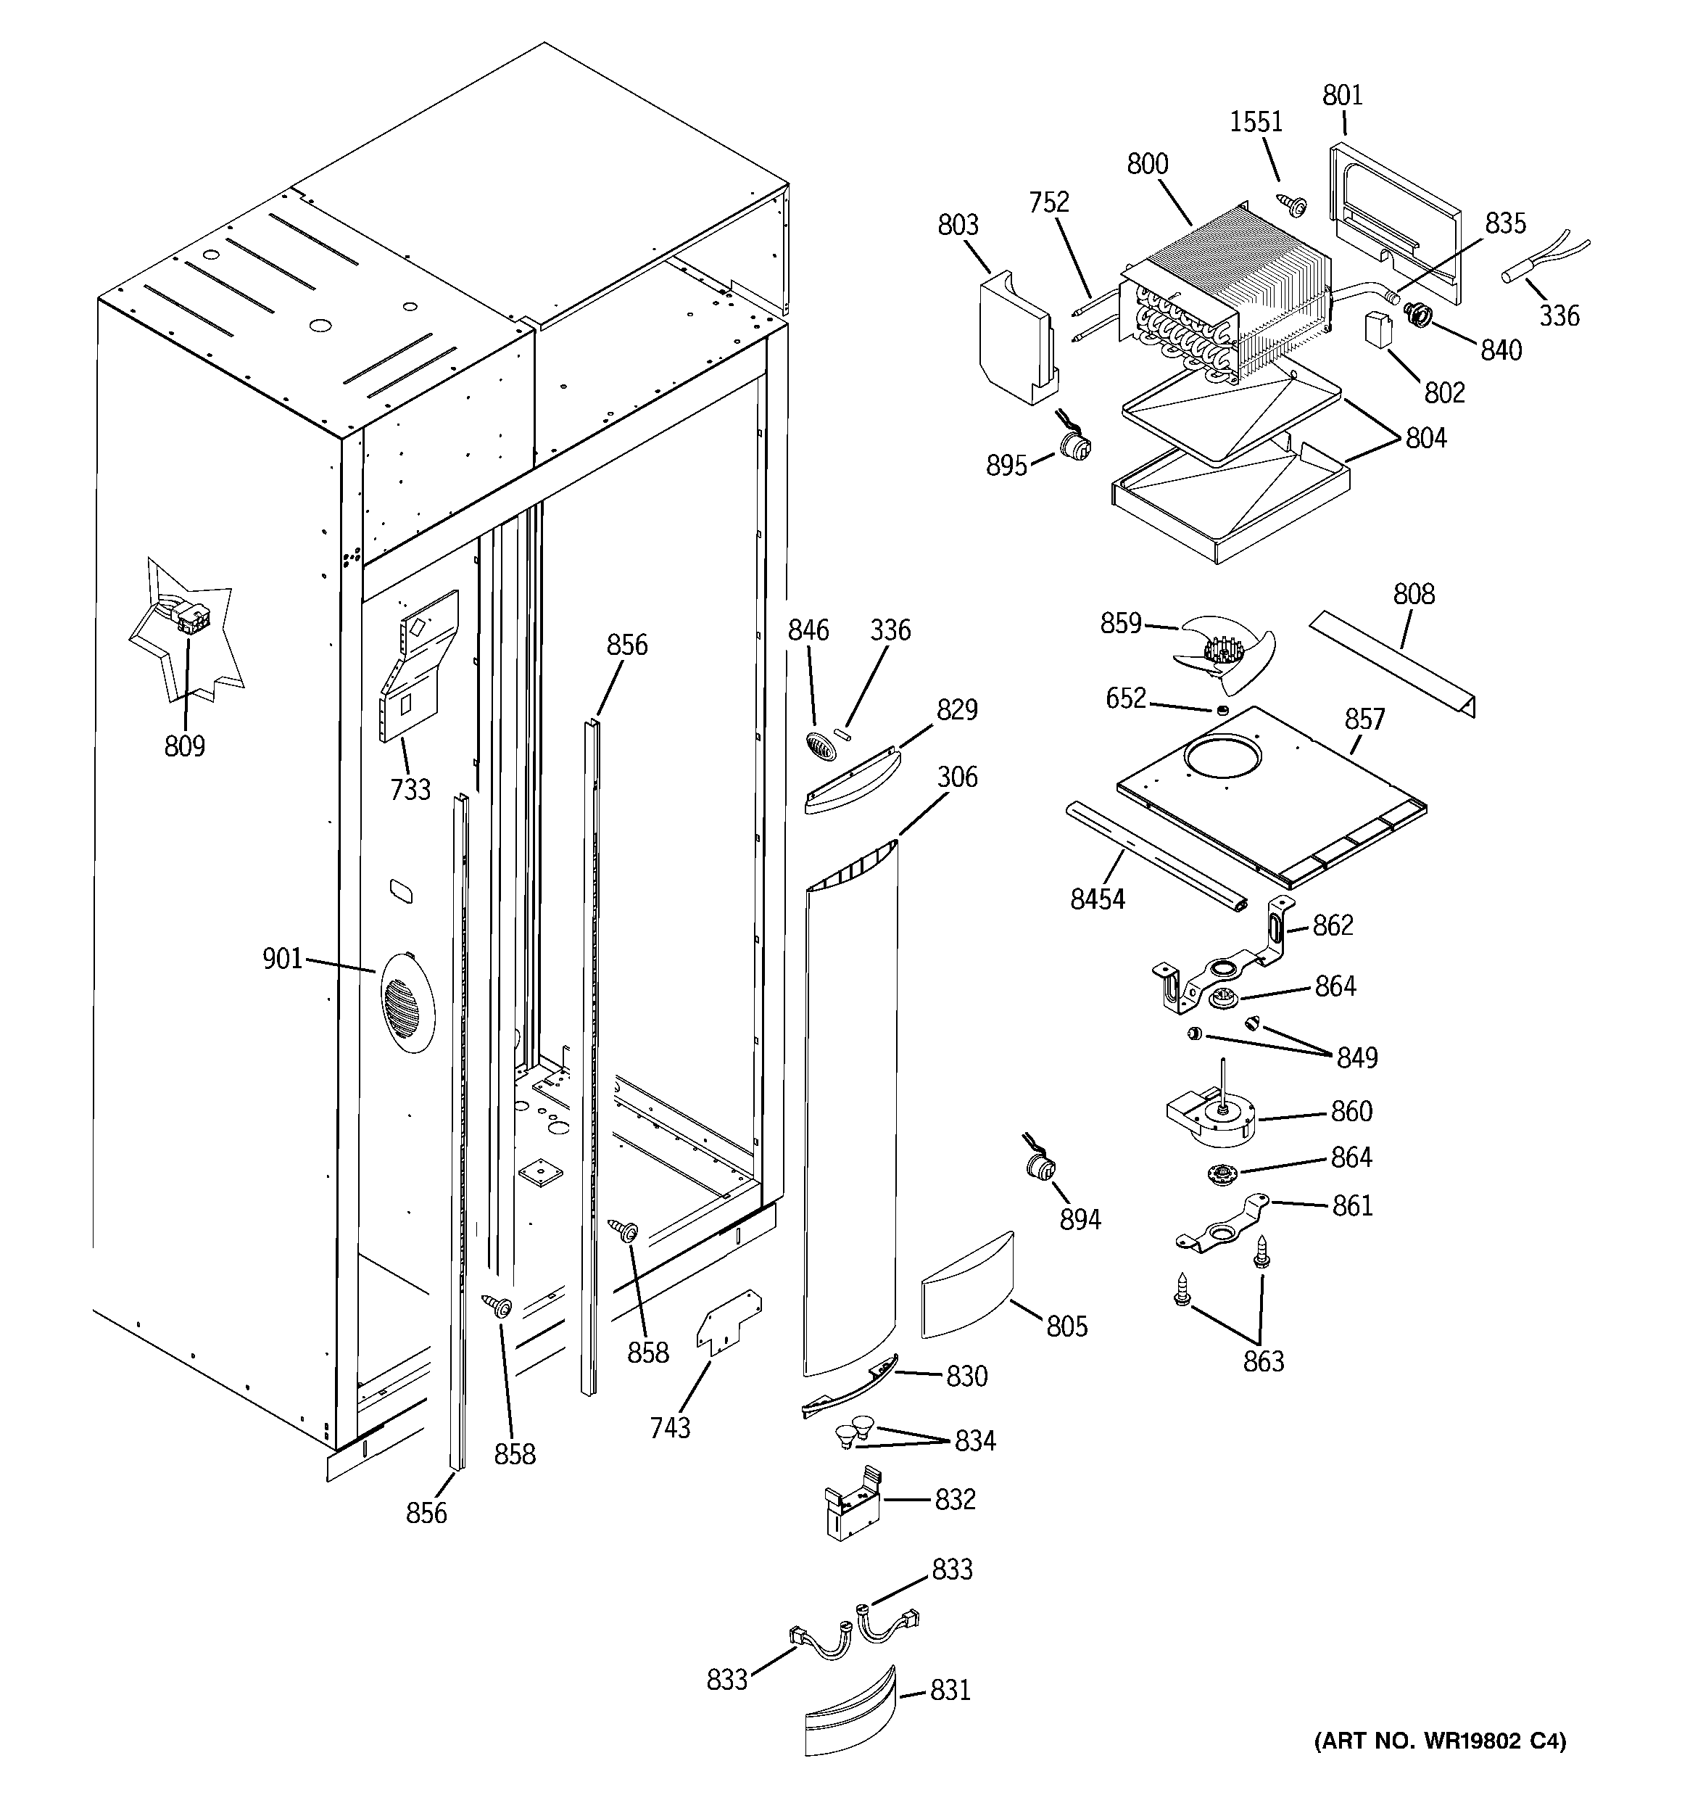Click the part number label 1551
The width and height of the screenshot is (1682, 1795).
click(1256, 122)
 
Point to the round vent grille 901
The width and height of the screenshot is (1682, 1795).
click(406, 1002)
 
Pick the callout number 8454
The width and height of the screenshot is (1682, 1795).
click(1097, 899)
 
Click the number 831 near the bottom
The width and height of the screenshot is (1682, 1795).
click(950, 1689)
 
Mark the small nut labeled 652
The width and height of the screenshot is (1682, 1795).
click(1221, 711)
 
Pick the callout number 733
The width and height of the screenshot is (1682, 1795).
click(410, 790)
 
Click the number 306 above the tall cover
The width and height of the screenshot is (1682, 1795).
click(957, 777)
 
